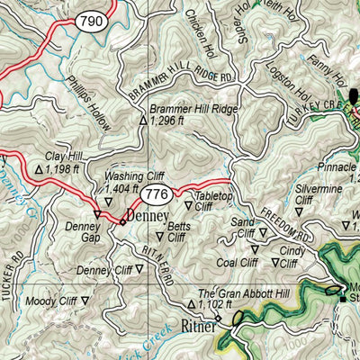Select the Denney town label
148,217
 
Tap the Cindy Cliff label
292,256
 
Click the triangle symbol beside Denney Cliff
139,268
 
